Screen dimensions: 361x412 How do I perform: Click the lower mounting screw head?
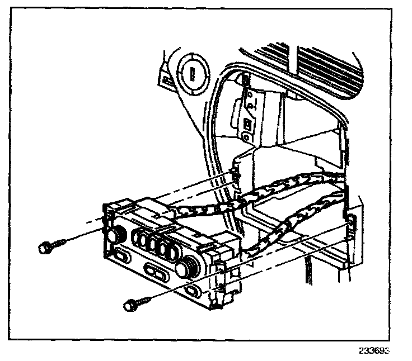[x=129, y=305]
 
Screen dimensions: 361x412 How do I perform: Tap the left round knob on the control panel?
[x=116, y=234]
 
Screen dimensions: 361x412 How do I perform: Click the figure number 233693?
[x=373, y=351]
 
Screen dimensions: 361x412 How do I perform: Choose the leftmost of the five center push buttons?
[x=137, y=241]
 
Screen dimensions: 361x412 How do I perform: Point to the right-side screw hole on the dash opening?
[x=351, y=222]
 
